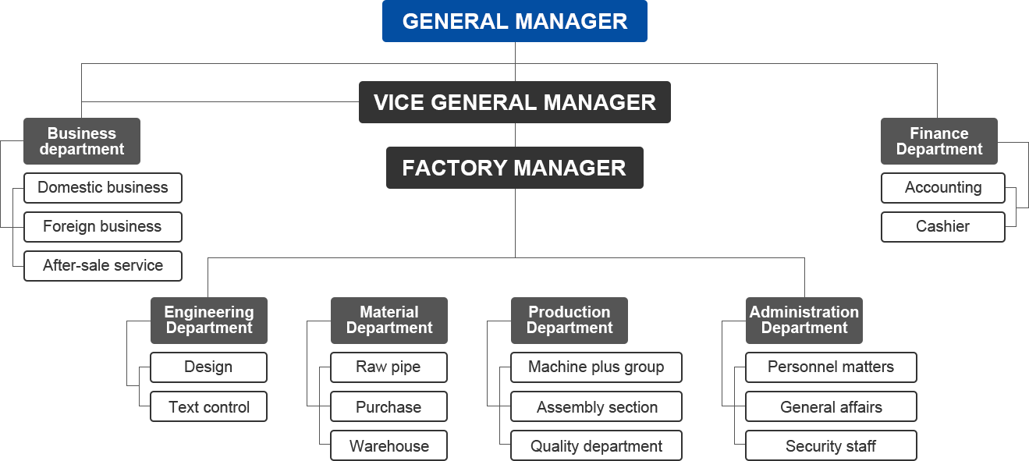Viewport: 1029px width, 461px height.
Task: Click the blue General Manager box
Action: [514, 21]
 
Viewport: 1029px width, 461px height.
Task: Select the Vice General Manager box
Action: [514, 102]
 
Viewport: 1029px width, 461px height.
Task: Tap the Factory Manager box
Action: [514, 168]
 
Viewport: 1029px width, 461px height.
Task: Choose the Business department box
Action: [82, 141]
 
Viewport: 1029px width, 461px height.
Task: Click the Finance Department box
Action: [939, 141]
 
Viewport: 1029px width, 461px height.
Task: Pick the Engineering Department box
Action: [209, 320]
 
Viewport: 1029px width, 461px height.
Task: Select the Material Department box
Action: [389, 320]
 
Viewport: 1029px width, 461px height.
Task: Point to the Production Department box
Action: [569, 320]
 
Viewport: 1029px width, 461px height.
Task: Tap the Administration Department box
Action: [804, 320]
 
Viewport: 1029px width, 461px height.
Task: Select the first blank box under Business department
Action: [103, 188]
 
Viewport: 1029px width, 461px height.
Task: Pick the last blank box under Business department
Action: [103, 266]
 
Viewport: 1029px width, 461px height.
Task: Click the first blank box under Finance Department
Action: [943, 188]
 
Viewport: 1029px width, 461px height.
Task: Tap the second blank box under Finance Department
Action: [943, 227]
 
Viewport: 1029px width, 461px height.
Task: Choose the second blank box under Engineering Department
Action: [209, 406]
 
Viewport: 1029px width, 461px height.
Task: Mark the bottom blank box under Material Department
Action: [389, 445]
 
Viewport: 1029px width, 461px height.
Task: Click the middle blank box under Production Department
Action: [597, 406]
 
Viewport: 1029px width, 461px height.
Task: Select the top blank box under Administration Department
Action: [832, 367]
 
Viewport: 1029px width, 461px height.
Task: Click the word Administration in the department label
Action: [804, 312]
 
